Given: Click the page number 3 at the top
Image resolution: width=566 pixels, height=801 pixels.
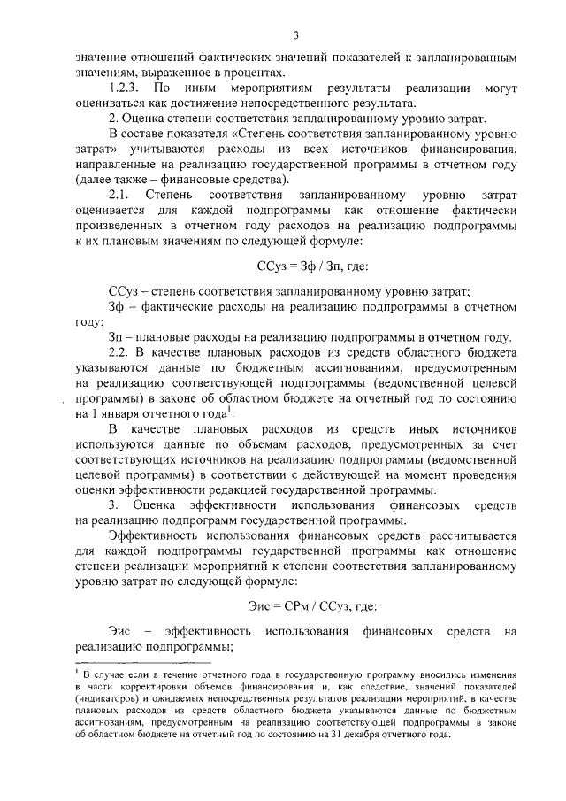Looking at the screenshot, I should coord(296,35).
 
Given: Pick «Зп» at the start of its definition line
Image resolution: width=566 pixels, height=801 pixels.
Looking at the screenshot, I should coord(116,337).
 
